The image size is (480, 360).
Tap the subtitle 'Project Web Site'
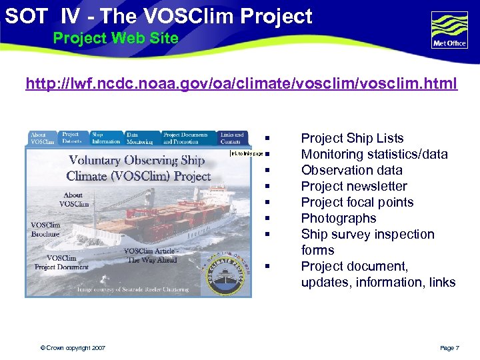[x=115, y=38]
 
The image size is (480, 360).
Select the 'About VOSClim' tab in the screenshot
[x=43, y=138]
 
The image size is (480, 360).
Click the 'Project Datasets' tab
[x=71, y=137]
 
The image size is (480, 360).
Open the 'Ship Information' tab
[x=106, y=137]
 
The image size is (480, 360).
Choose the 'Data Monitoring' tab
[x=140, y=137]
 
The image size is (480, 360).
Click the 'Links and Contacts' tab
[x=232, y=137]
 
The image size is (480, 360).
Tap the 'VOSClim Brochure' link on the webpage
[x=45, y=229]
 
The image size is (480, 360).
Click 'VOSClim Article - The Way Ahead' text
[x=151, y=255]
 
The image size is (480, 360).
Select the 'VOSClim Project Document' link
[x=61, y=263]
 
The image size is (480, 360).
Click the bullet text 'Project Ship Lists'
[x=352, y=138]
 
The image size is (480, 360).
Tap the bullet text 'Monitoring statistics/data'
[x=374, y=154]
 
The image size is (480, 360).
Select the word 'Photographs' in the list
[x=339, y=218]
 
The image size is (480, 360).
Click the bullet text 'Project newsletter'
[x=353, y=186]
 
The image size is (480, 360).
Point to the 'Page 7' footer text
[x=449, y=348]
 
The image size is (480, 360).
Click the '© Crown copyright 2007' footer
[x=72, y=348]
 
